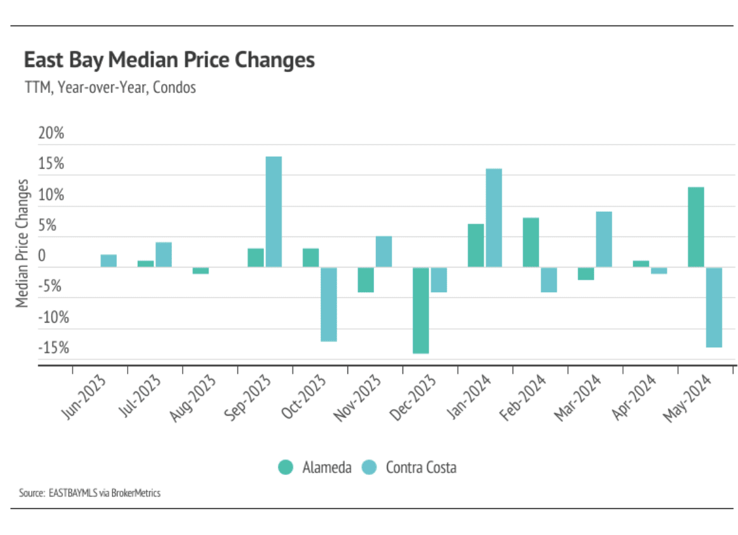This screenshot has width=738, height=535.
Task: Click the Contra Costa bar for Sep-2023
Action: coord(274,212)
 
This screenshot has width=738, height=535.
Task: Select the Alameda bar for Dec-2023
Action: coord(421,310)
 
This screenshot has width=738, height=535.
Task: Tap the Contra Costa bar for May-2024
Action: coord(714,307)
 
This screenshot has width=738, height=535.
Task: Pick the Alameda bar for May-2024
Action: coord(696,227)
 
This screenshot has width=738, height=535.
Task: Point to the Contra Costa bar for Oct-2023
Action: coord(329,304)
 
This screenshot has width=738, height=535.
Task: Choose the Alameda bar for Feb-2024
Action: coord(531,242)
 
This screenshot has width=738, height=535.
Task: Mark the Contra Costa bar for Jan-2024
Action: coord(493,218)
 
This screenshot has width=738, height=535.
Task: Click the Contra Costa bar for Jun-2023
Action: coord(109,261)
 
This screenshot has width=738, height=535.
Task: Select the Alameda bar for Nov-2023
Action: coord(366,280)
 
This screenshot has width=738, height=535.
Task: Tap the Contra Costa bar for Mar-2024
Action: coord(604,239)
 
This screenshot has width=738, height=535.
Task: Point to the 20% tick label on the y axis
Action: coord(51,133)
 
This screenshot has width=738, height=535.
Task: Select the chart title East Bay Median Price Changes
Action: coord(169,60)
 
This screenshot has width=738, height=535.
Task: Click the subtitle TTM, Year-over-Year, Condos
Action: coord(109,87)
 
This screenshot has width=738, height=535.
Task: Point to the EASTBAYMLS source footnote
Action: coord(90,493)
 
